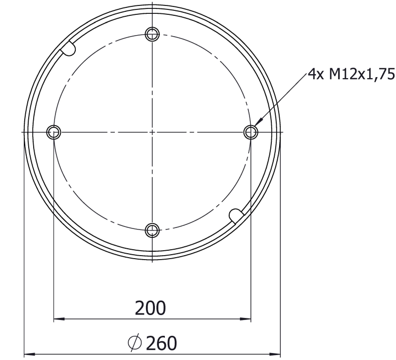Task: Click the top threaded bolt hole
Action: pos(152,34)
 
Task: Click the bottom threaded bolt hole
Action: pos(152,230)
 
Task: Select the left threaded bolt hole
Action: pos(54,132)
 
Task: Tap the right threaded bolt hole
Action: pos(251,132)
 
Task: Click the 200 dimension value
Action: pos(150,308)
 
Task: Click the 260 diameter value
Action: pos(161,343)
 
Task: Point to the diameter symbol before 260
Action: pos(135,343)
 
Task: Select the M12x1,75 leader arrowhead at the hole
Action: pos(258,122)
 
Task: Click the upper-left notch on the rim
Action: pos(68,48)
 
